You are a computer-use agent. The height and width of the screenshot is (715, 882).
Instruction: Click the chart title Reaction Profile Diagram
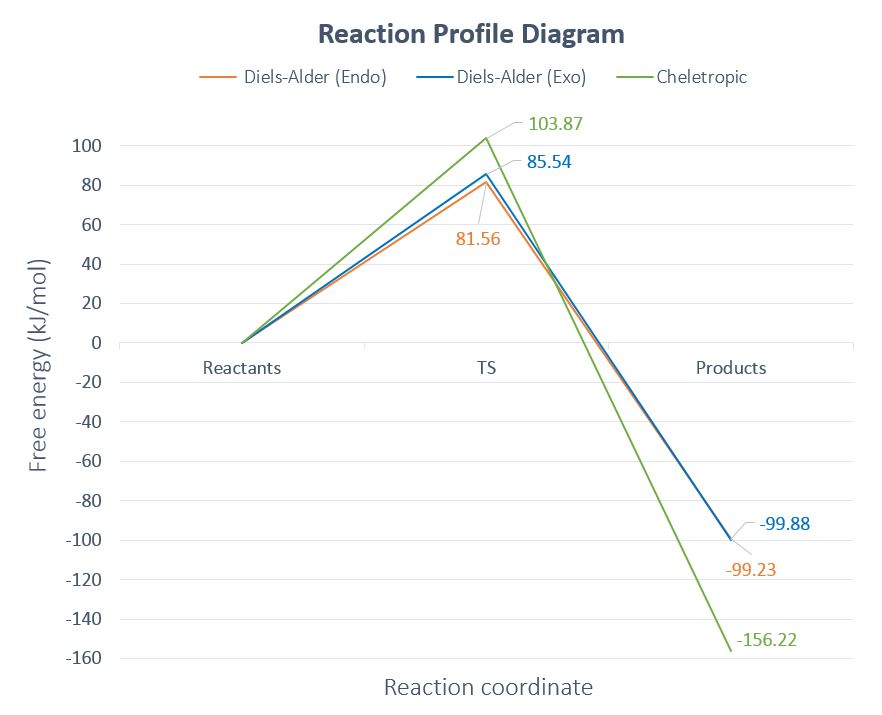tap(471, 34)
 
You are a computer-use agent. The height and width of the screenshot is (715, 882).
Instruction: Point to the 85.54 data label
tap(549, 161)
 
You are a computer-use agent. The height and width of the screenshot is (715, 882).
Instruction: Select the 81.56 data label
tap(478, 239)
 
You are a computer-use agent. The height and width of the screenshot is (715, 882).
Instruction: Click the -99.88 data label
tap(784, 523)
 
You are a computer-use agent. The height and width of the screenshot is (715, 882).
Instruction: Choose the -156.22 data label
tap(766, 640)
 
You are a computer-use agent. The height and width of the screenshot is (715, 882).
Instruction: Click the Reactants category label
tap(242, 368)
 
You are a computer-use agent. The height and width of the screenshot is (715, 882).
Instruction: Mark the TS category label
tap(486, 368)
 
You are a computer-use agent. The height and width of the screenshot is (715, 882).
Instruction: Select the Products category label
tap(731, 368)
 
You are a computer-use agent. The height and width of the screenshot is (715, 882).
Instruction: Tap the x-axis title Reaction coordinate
tap(488, 688)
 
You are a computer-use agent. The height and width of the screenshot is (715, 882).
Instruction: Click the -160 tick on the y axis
tap(84, 658)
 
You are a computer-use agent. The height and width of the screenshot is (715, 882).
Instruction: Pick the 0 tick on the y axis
tap(97, 343)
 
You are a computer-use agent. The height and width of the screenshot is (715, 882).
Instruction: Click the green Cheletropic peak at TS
tap(486, 138)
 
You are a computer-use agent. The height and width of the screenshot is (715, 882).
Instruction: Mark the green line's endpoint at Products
tap(731, 651)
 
